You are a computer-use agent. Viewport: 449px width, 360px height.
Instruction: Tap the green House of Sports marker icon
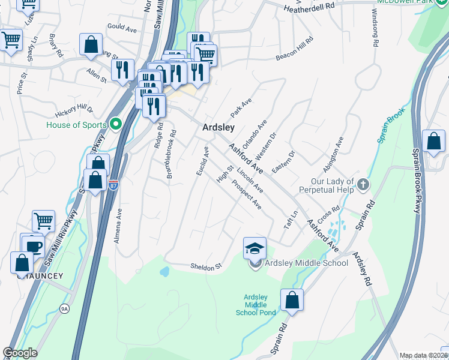(116, 125)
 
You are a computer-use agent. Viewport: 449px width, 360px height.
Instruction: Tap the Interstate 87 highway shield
(113, 185)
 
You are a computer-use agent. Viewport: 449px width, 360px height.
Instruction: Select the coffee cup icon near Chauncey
(34, 246)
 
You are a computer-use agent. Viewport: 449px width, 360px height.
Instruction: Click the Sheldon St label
(206, 266)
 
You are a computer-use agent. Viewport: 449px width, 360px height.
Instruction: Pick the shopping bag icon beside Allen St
(91, 44)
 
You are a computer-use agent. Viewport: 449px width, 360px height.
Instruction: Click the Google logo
(20, 353)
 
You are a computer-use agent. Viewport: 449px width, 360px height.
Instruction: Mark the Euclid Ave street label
(202, 161)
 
